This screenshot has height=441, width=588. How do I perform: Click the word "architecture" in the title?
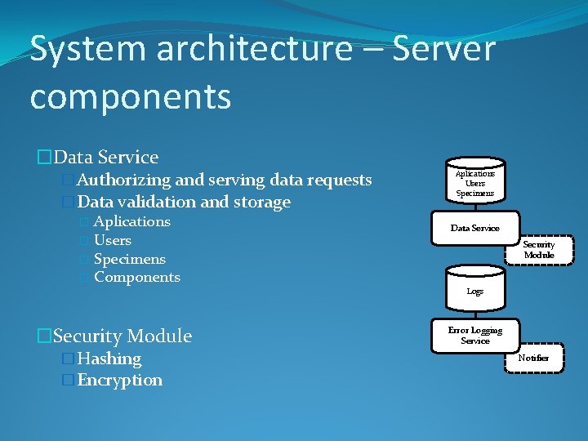click(x=249, y=49)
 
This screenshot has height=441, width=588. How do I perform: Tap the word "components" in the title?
click(x=131, y=96)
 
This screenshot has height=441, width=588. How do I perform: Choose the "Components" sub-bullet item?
click(x=137, y=278)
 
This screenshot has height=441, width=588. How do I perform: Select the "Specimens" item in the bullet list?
click(x=130, y=259)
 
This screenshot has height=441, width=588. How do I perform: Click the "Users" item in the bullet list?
click(x=113, y=240)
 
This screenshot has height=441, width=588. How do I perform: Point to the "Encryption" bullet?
click(x=120, y=380)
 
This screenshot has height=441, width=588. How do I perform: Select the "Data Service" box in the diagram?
click(x=474, y=229)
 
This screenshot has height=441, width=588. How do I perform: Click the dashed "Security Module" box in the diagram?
click(x=538, y=250)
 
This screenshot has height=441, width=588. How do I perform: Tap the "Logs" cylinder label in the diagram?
click(x=474, y=292)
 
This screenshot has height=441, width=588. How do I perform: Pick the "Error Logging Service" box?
click(x=474, y=335)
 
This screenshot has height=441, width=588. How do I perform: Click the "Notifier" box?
click(x=533, y=358)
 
